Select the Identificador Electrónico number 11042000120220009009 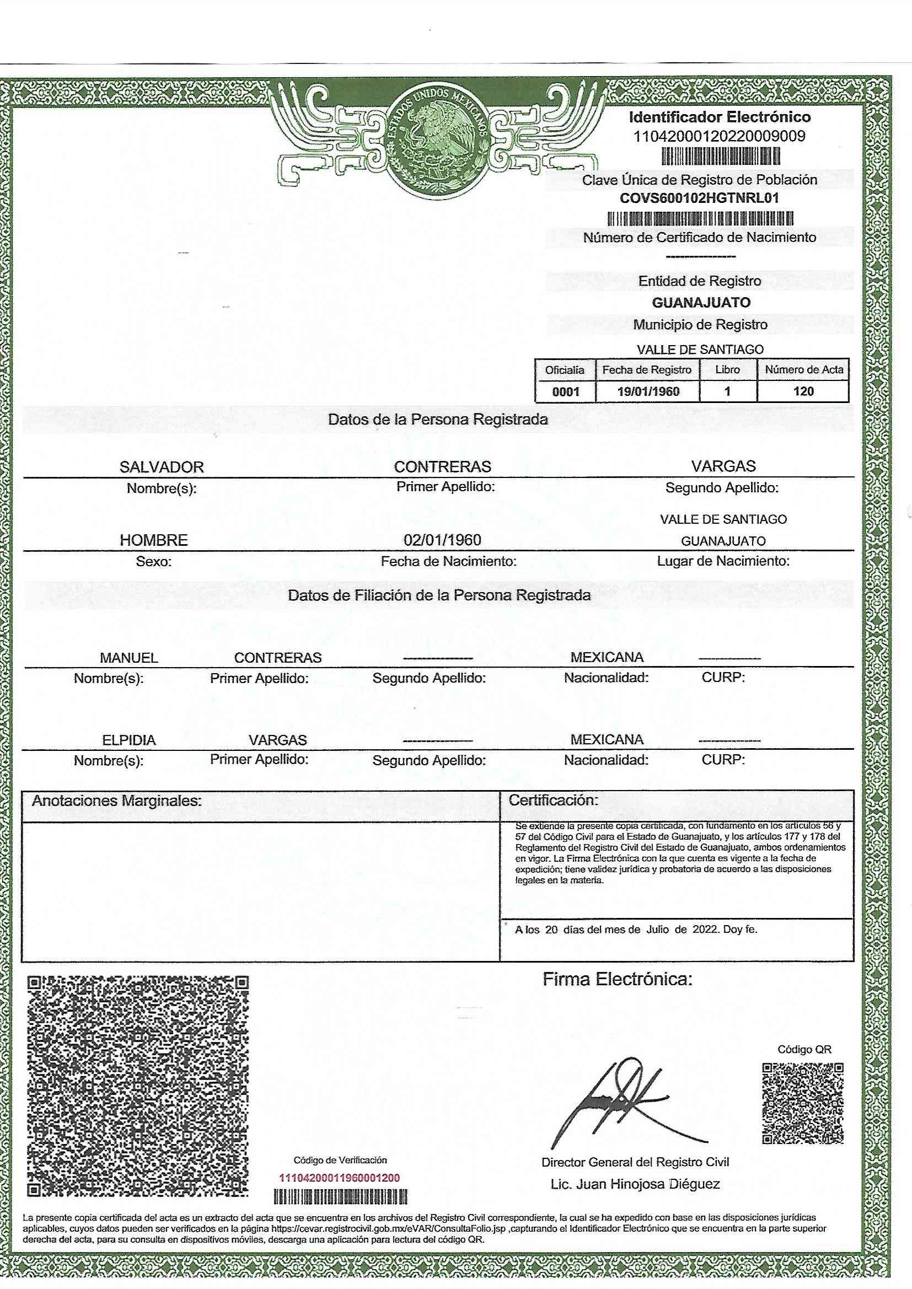(x=720, y=136)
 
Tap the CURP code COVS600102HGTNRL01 (x=699, y=198)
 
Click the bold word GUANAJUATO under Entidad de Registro (x=701, y=303)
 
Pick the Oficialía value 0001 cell (x=566, y=392)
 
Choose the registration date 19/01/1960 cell (x=647, y=392)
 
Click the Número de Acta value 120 (x=803, y=391)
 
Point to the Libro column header (x=727, y=369)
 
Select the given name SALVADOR (x=162, y=467)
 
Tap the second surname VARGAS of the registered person (x=723, y=466)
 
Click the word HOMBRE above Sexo (x=154, y=540)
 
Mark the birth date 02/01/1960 (x=443, y=540)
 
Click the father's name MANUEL (x=129, y=657)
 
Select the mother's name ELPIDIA (x=128, y=740)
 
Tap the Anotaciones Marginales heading (x=117, y=801)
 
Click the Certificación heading (x=553, y=800)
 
